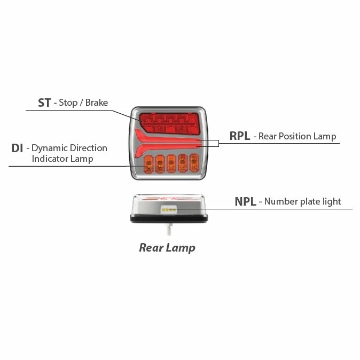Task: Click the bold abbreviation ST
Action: click(x=44, y=103)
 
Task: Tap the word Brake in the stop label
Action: click(x=97, y=103)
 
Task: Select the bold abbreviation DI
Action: click(x=17, y=148)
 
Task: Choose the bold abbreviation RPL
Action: click(x=240, y=136)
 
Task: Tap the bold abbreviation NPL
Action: click(x=245, y=201)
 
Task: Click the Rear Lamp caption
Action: click(x=167, y=248)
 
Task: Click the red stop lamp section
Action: click(x=169, y=123)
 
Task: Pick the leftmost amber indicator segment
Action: click(x=148, y=164)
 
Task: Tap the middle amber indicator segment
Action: click(x=171, y=163)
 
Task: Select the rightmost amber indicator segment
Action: click(x=194, y=163)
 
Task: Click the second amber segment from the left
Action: click(x=160, y=164)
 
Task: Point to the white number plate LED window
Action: click(x=169, y=209)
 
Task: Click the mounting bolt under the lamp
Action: click(x=169, y=229)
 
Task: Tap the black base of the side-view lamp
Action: click(x=169, y=218)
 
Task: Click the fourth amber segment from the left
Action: click(x=183, y=163)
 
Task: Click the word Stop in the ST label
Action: click(x=68, y=103)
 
